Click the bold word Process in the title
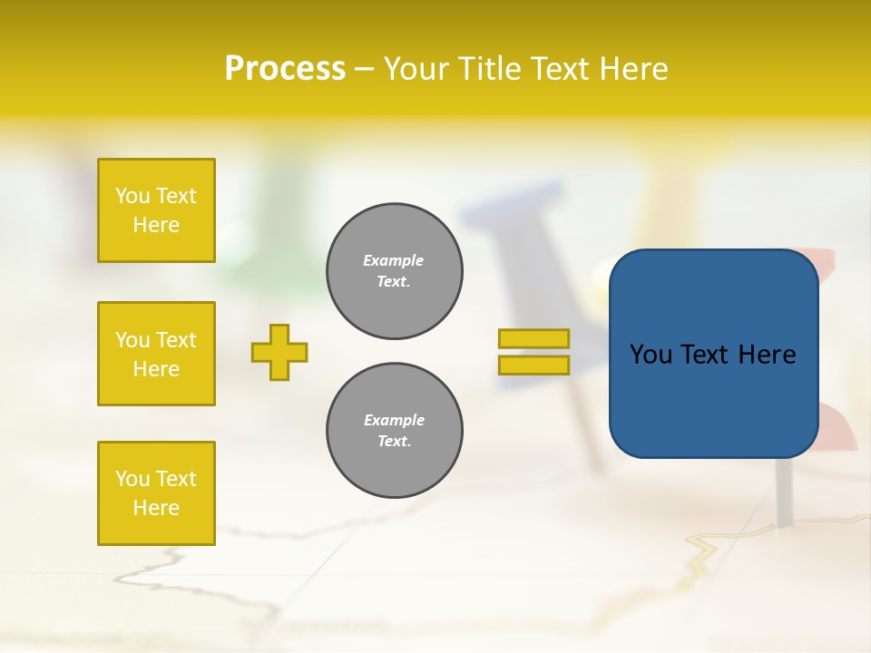285,69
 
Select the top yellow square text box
156,210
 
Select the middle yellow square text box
156,354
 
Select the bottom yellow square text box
156,492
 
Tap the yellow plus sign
279,352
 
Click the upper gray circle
394,271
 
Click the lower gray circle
394,431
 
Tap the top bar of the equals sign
533,339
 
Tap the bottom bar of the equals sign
533,365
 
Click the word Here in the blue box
767,355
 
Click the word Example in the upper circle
393,260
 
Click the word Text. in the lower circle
394,442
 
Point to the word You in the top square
132,196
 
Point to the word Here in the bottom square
156,508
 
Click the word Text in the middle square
176,340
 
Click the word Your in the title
416,69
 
